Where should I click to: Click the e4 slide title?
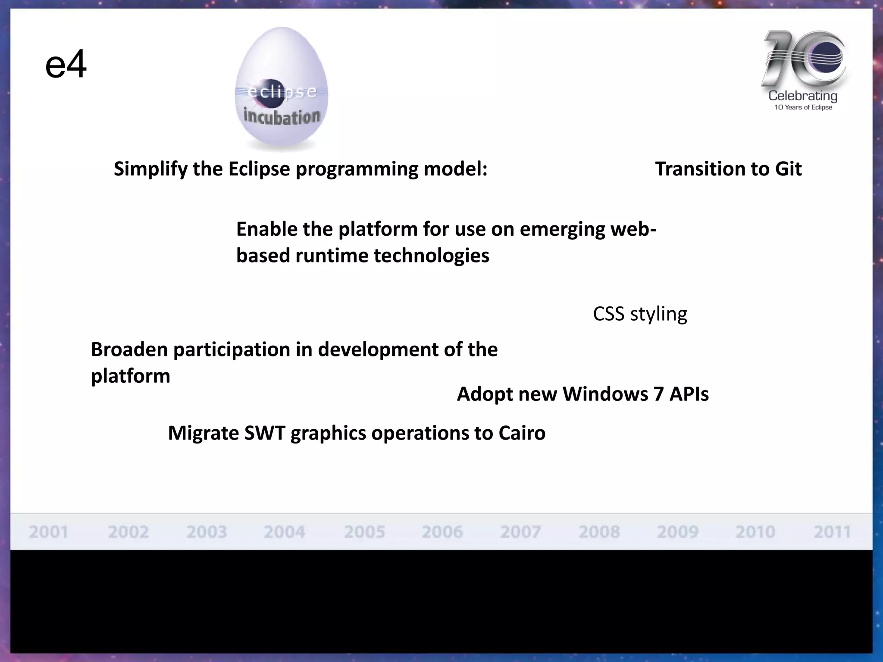[66, 65]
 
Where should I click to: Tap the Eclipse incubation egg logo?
[282, 89]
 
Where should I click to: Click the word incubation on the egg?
[282, 116]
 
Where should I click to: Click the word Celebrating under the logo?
[803, 96]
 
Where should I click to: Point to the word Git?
[788, 169]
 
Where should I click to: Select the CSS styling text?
[640, 314]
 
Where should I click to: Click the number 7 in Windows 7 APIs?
[658, 394]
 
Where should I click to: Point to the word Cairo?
[522, 433]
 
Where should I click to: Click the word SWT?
[264, 433]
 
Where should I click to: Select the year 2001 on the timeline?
[48, 532]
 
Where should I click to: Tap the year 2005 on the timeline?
[364, 532]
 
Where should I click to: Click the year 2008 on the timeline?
[599, 532]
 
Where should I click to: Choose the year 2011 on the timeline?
[832, 532]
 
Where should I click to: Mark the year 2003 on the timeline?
[207, 532]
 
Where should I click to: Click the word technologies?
[431, 256]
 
